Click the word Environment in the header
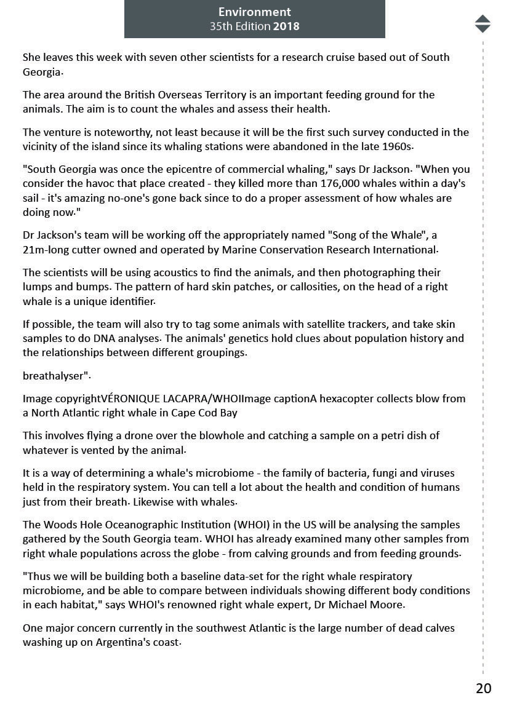click(254, 12)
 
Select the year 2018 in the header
click(286, 26)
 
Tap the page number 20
click(483, 688)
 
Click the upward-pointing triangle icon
click(483, 19)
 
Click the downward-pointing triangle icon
click(483, 28)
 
